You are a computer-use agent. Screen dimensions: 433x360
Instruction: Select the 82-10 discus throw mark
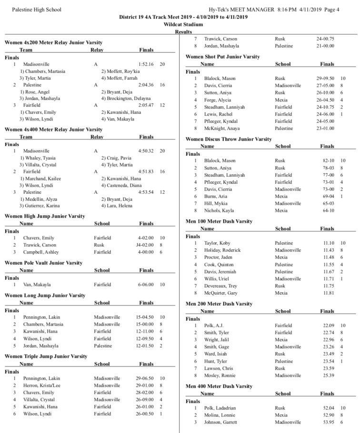click(x=328, y=160)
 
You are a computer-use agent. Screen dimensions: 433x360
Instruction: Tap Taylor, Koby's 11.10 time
click(x=329, y=243)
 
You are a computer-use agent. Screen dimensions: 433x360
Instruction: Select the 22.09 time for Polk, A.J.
click(x=329, y=325)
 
